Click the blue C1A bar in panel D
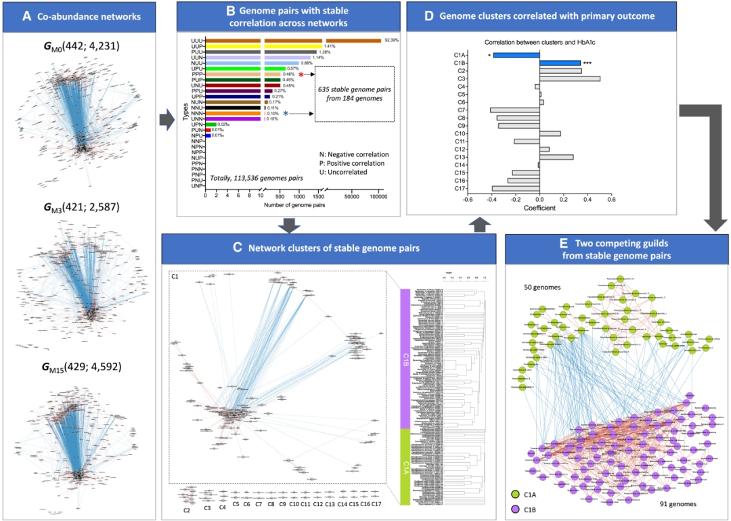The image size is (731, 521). (x=516, y=55)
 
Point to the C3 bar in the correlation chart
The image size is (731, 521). (x=569, y=78)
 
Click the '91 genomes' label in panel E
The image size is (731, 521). (x=679, y=505)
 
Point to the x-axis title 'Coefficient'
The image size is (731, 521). (x=539, y=208)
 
